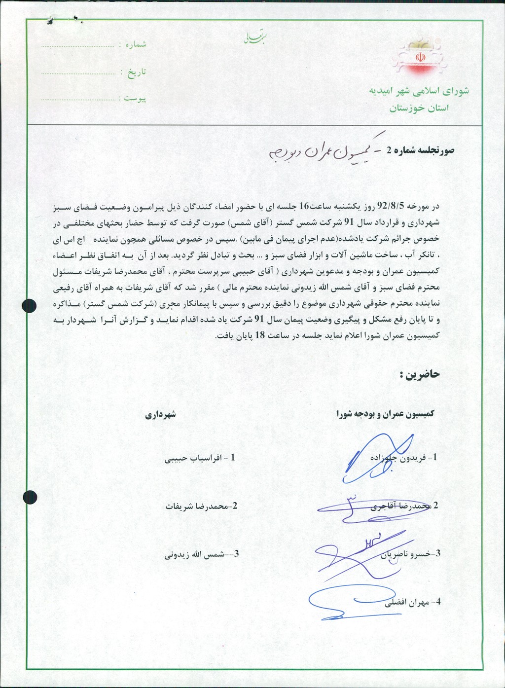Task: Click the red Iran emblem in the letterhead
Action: click(x=420, y=58)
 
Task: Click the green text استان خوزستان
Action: click(x=419, y=109)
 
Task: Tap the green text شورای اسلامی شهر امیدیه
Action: click(x=419, y=91)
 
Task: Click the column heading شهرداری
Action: click(x=160, y=415)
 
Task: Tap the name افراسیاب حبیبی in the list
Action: click(x=194, y=458)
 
